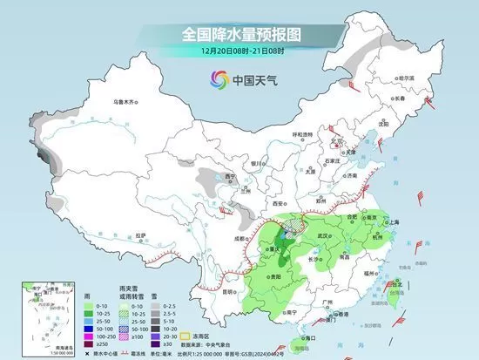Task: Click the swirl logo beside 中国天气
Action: (215, 80)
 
